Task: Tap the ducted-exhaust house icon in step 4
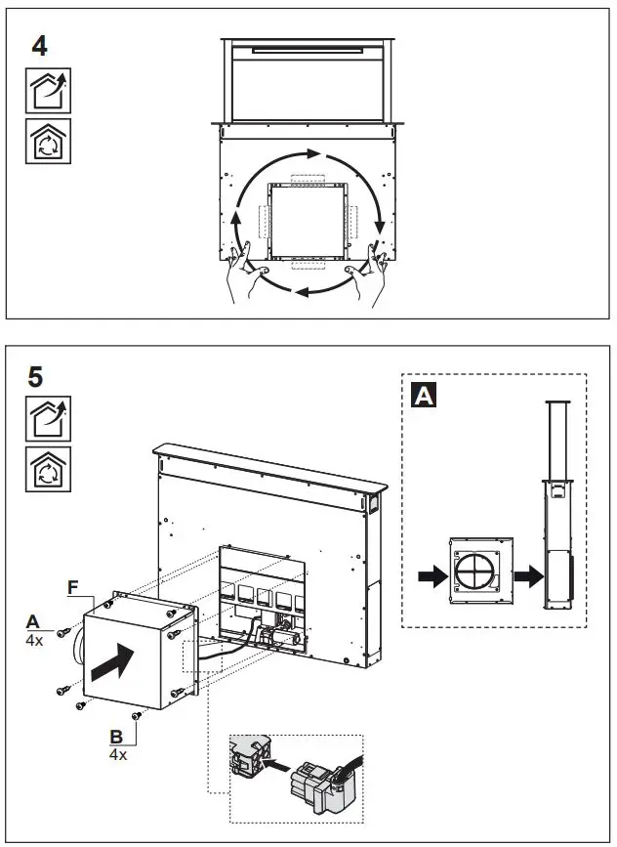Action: pyautogui.click(x=47, y=93)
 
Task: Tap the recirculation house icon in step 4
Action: pyautogui.click(x=47, y=141)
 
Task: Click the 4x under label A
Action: pyautogui.click(x=33, y=640)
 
